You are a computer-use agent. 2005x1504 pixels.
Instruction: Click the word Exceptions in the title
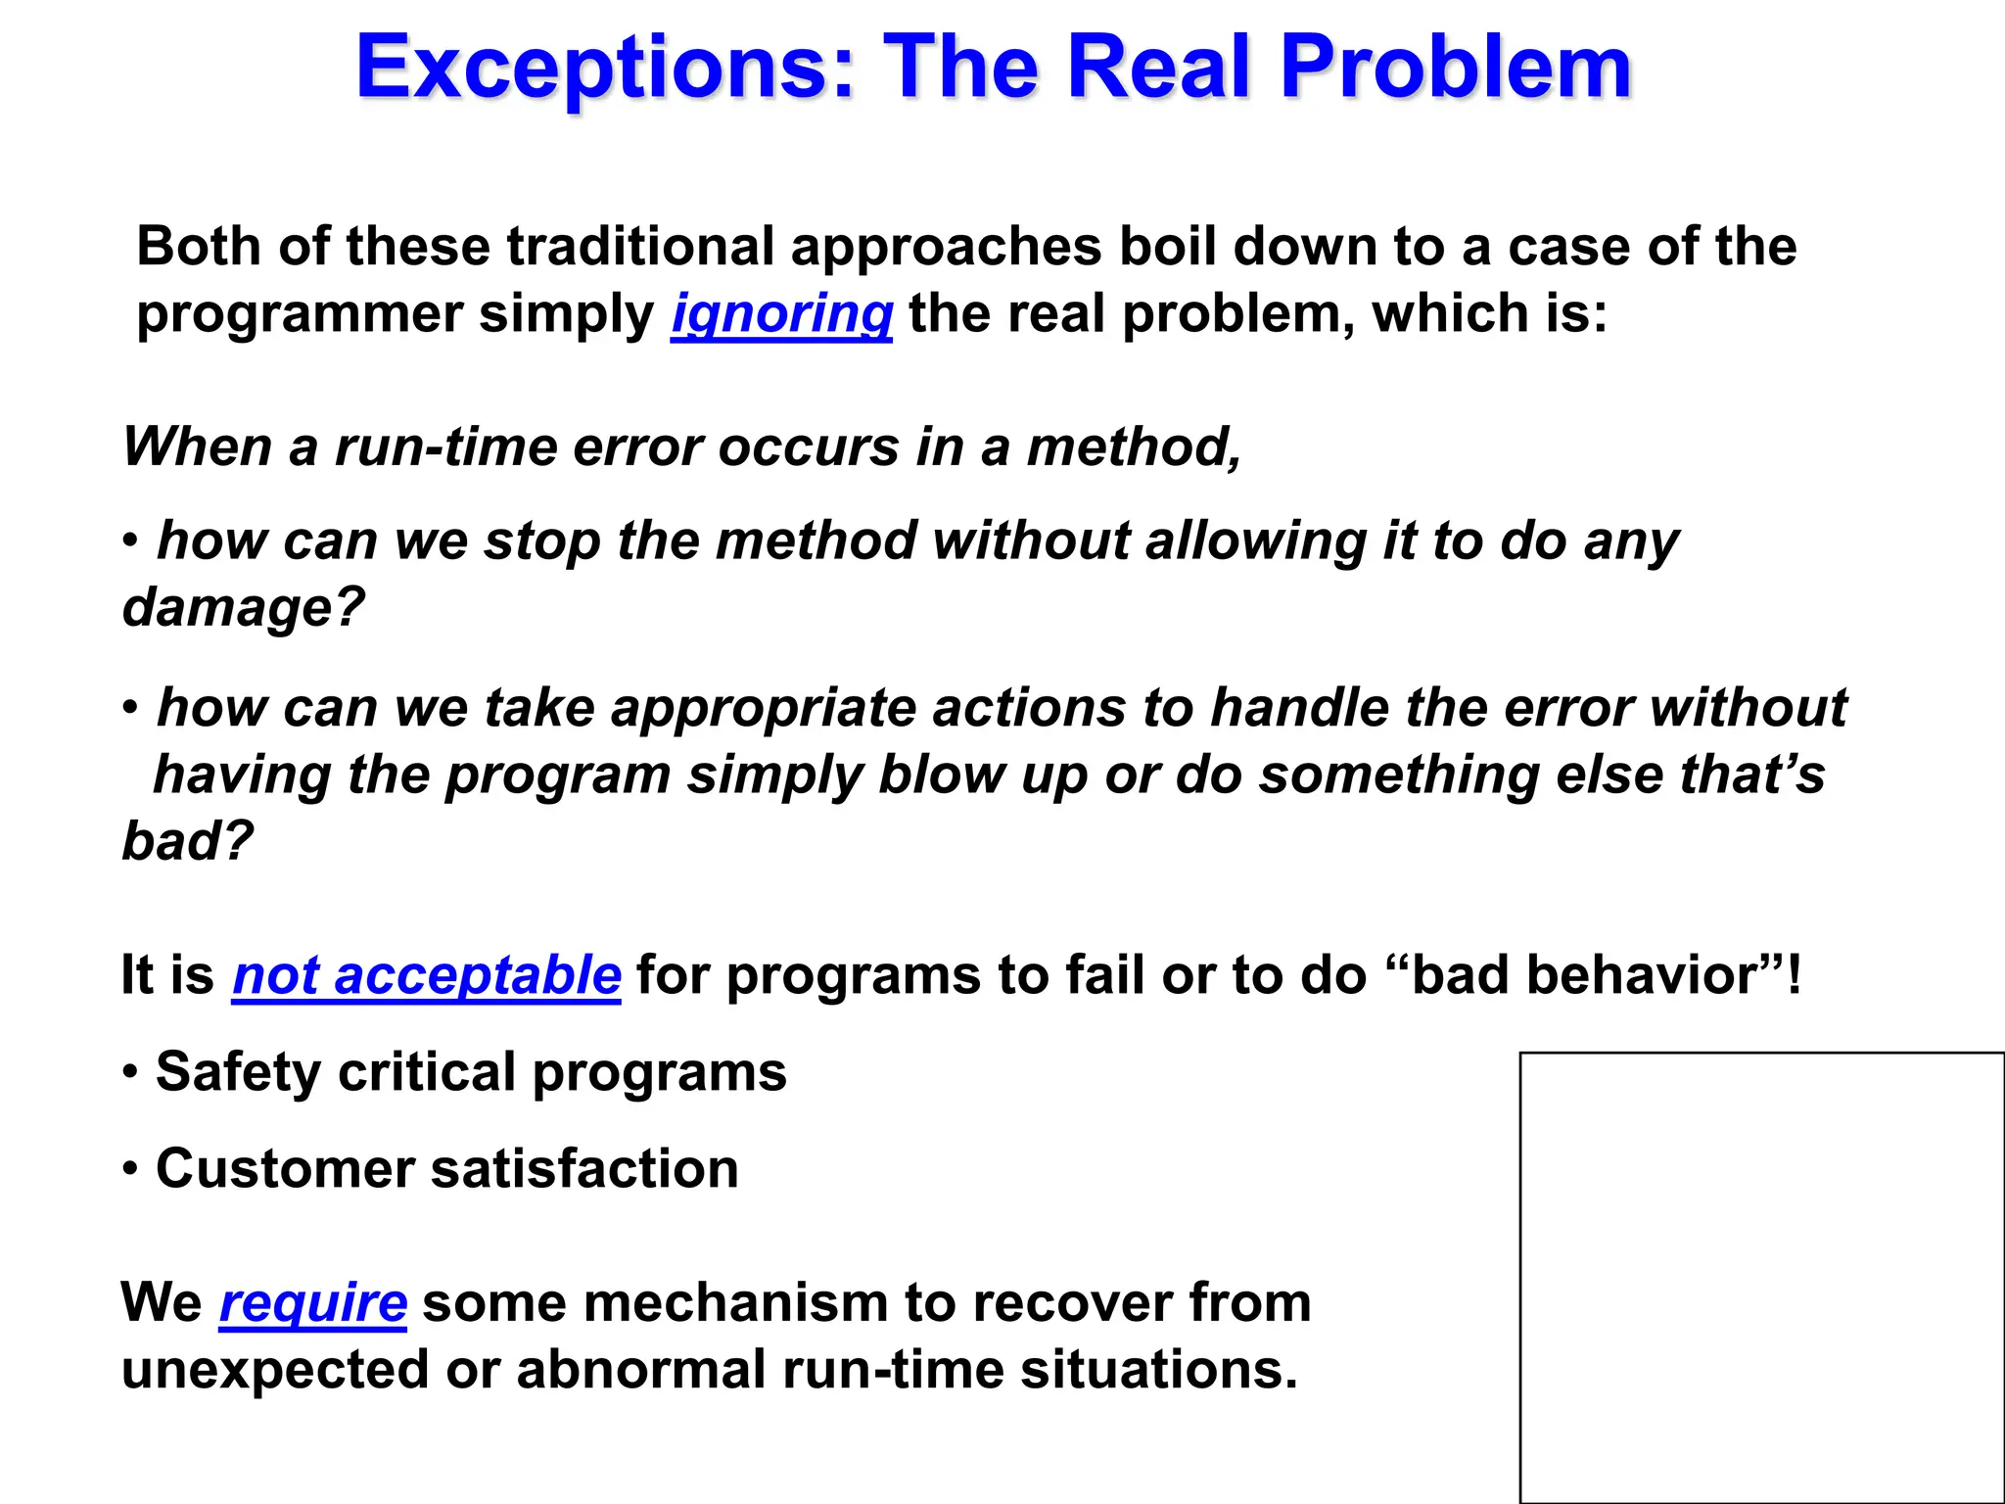coord(605,69)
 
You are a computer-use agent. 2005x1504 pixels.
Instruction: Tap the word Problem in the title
coord(1456,69)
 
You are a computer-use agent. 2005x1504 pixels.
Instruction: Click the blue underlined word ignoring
coord(781,314)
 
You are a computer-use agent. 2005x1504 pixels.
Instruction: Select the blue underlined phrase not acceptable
coord(427,975)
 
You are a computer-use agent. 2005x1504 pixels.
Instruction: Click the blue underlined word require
coord(312,1302)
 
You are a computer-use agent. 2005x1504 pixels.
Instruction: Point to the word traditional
coord(640,246)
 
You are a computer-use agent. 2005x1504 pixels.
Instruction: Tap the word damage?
coord(243,607)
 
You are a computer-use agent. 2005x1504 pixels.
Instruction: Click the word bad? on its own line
coord(187,841)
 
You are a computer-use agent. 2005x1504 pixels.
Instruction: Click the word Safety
coord(238,1072)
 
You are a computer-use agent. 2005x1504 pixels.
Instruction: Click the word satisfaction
coord(584,1169)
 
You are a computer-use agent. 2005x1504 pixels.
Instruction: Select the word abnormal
coord(640,1369)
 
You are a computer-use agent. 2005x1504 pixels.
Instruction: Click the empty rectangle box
coord(1761,1277)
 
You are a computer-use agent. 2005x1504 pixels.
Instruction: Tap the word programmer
coord(299,314)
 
